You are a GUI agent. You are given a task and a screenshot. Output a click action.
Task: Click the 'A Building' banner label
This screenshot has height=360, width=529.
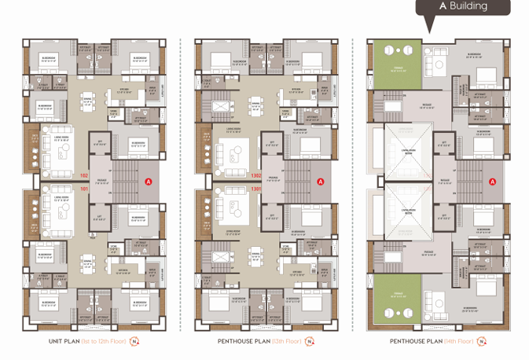pos(463,6)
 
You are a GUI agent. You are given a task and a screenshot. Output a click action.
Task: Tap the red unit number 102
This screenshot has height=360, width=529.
pos(85,174)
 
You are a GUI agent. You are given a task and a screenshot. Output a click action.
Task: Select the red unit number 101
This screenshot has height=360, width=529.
pos(85,189)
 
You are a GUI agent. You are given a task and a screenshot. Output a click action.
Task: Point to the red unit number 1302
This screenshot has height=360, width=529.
pos(255,174)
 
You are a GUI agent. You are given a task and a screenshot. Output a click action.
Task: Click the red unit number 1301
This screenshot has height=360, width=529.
pos(255,189)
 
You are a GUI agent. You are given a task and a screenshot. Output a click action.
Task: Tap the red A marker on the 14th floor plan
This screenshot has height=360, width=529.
pos(493,182)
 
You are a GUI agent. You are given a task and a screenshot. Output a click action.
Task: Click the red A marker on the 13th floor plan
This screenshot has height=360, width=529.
pos(321,182)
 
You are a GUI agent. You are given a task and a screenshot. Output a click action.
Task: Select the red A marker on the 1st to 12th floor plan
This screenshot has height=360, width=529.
pos(148,182)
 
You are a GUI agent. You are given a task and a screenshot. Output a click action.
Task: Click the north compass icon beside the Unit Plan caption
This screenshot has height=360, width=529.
pos(134,343)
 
